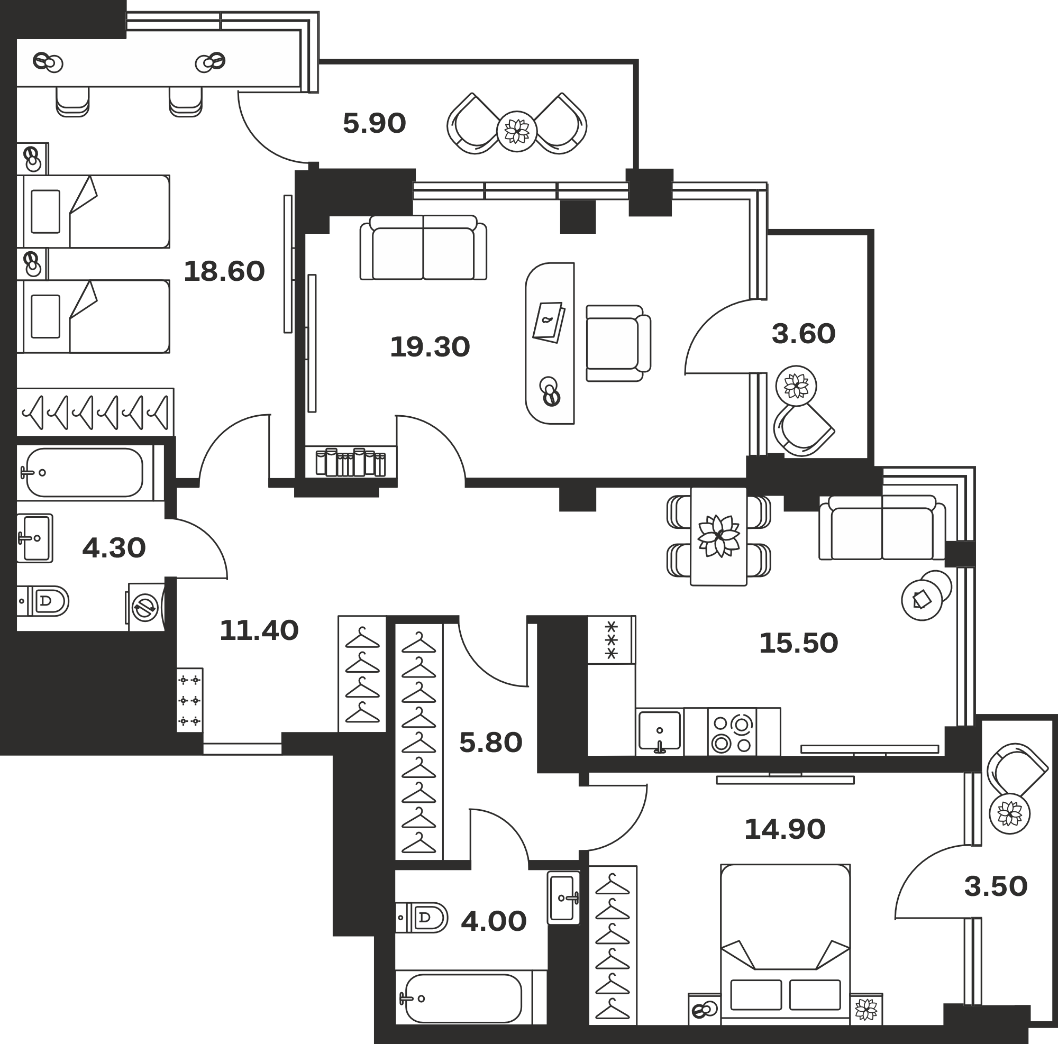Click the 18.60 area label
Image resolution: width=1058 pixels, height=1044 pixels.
coord(224,271)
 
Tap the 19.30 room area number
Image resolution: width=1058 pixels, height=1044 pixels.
coord(430,347)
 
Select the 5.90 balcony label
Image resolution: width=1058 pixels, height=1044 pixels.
coord(375,123)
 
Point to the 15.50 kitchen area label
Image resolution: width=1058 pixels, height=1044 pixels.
coord(798,643)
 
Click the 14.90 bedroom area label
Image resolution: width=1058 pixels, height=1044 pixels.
coord(785,829)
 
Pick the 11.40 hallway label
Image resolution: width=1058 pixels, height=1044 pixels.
coord(259,630)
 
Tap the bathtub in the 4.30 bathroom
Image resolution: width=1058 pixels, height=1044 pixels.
coord(84,472)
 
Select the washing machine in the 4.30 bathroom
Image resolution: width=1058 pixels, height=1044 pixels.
coord(146,607)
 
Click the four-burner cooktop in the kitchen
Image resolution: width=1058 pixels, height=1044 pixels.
coord(732,732)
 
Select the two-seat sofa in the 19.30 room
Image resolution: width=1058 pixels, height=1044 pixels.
coord(423,248)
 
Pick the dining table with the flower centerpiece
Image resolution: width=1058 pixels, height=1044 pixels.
coord(718,536)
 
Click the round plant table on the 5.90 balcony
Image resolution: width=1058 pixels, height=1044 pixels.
coord(517,131)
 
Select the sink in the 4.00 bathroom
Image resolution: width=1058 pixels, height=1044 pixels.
coord(563,898)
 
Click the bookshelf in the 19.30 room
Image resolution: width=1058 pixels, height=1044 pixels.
coord(351,462)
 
